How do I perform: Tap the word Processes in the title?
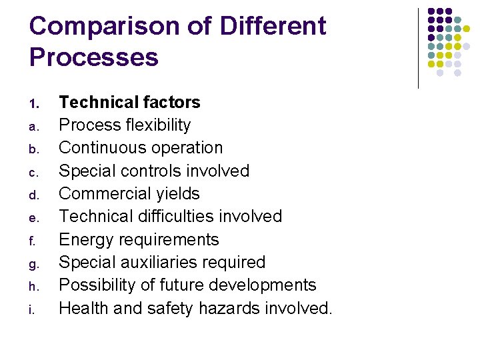pos(94,57)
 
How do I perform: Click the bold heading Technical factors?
pos(129,102)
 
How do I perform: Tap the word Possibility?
pos(97,285)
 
